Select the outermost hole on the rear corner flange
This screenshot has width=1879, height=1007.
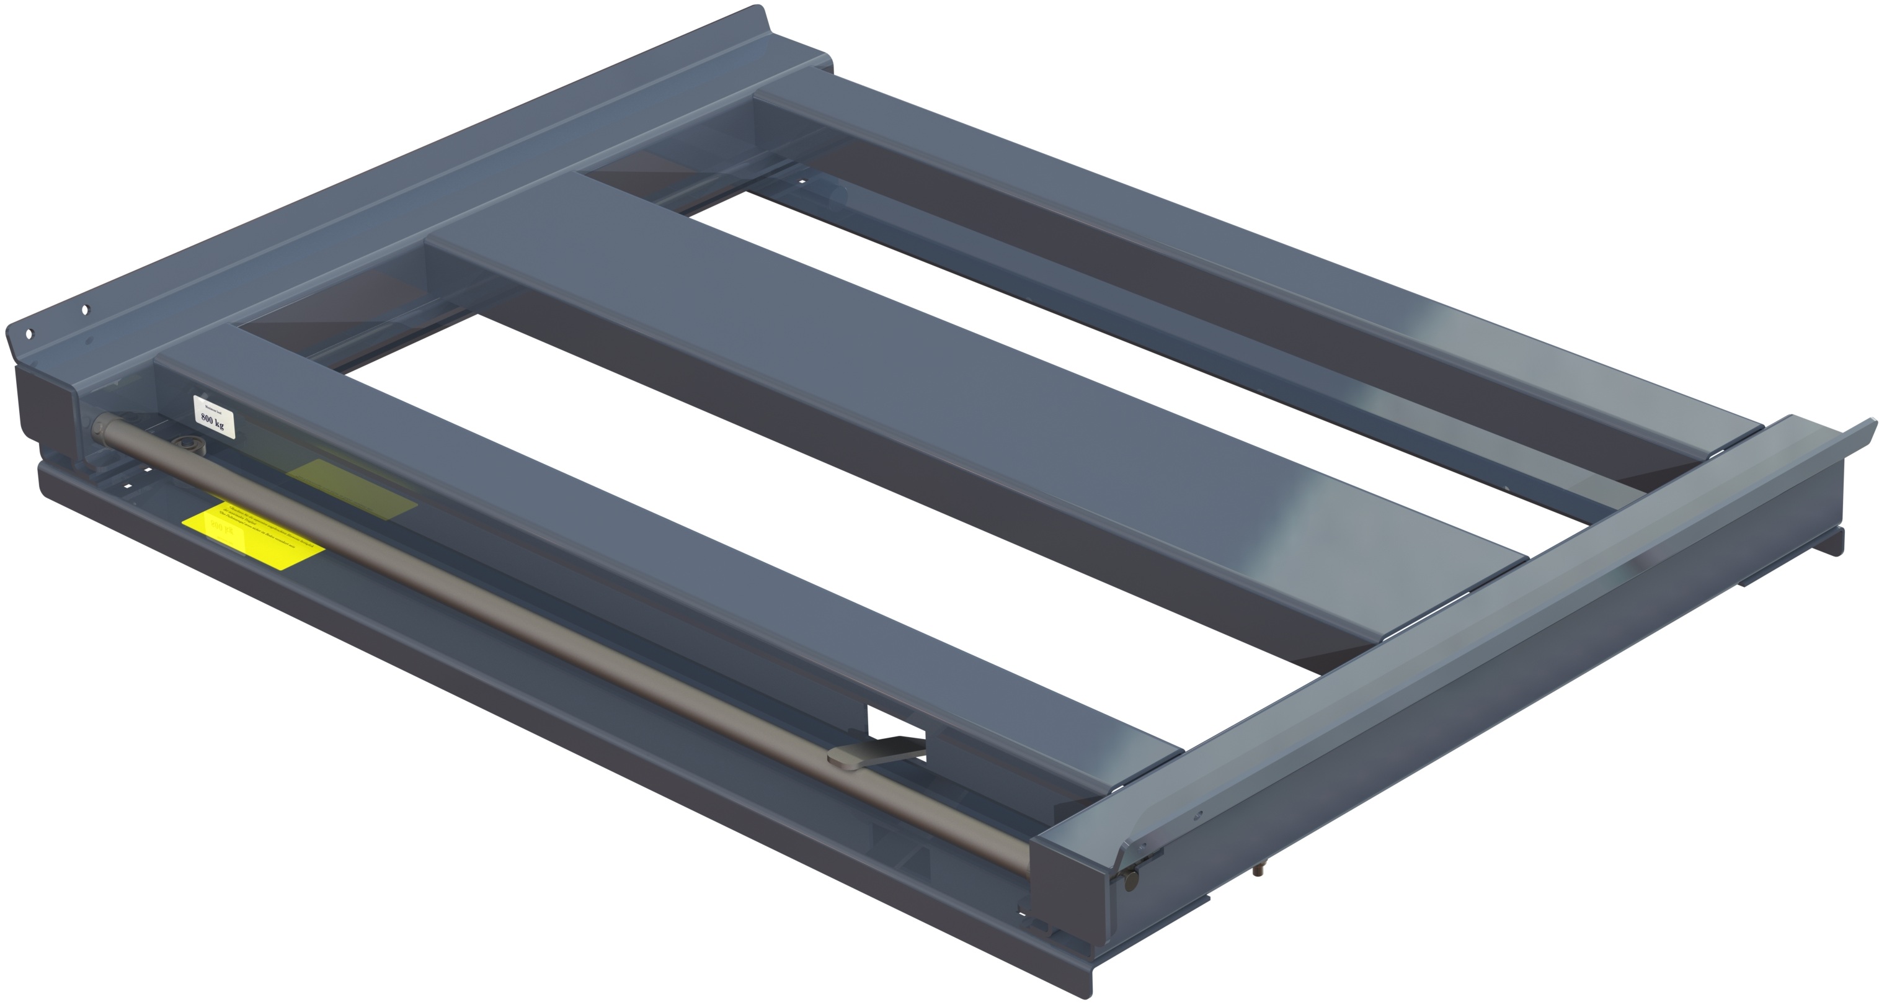29,335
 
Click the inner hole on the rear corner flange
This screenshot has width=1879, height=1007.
84,310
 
